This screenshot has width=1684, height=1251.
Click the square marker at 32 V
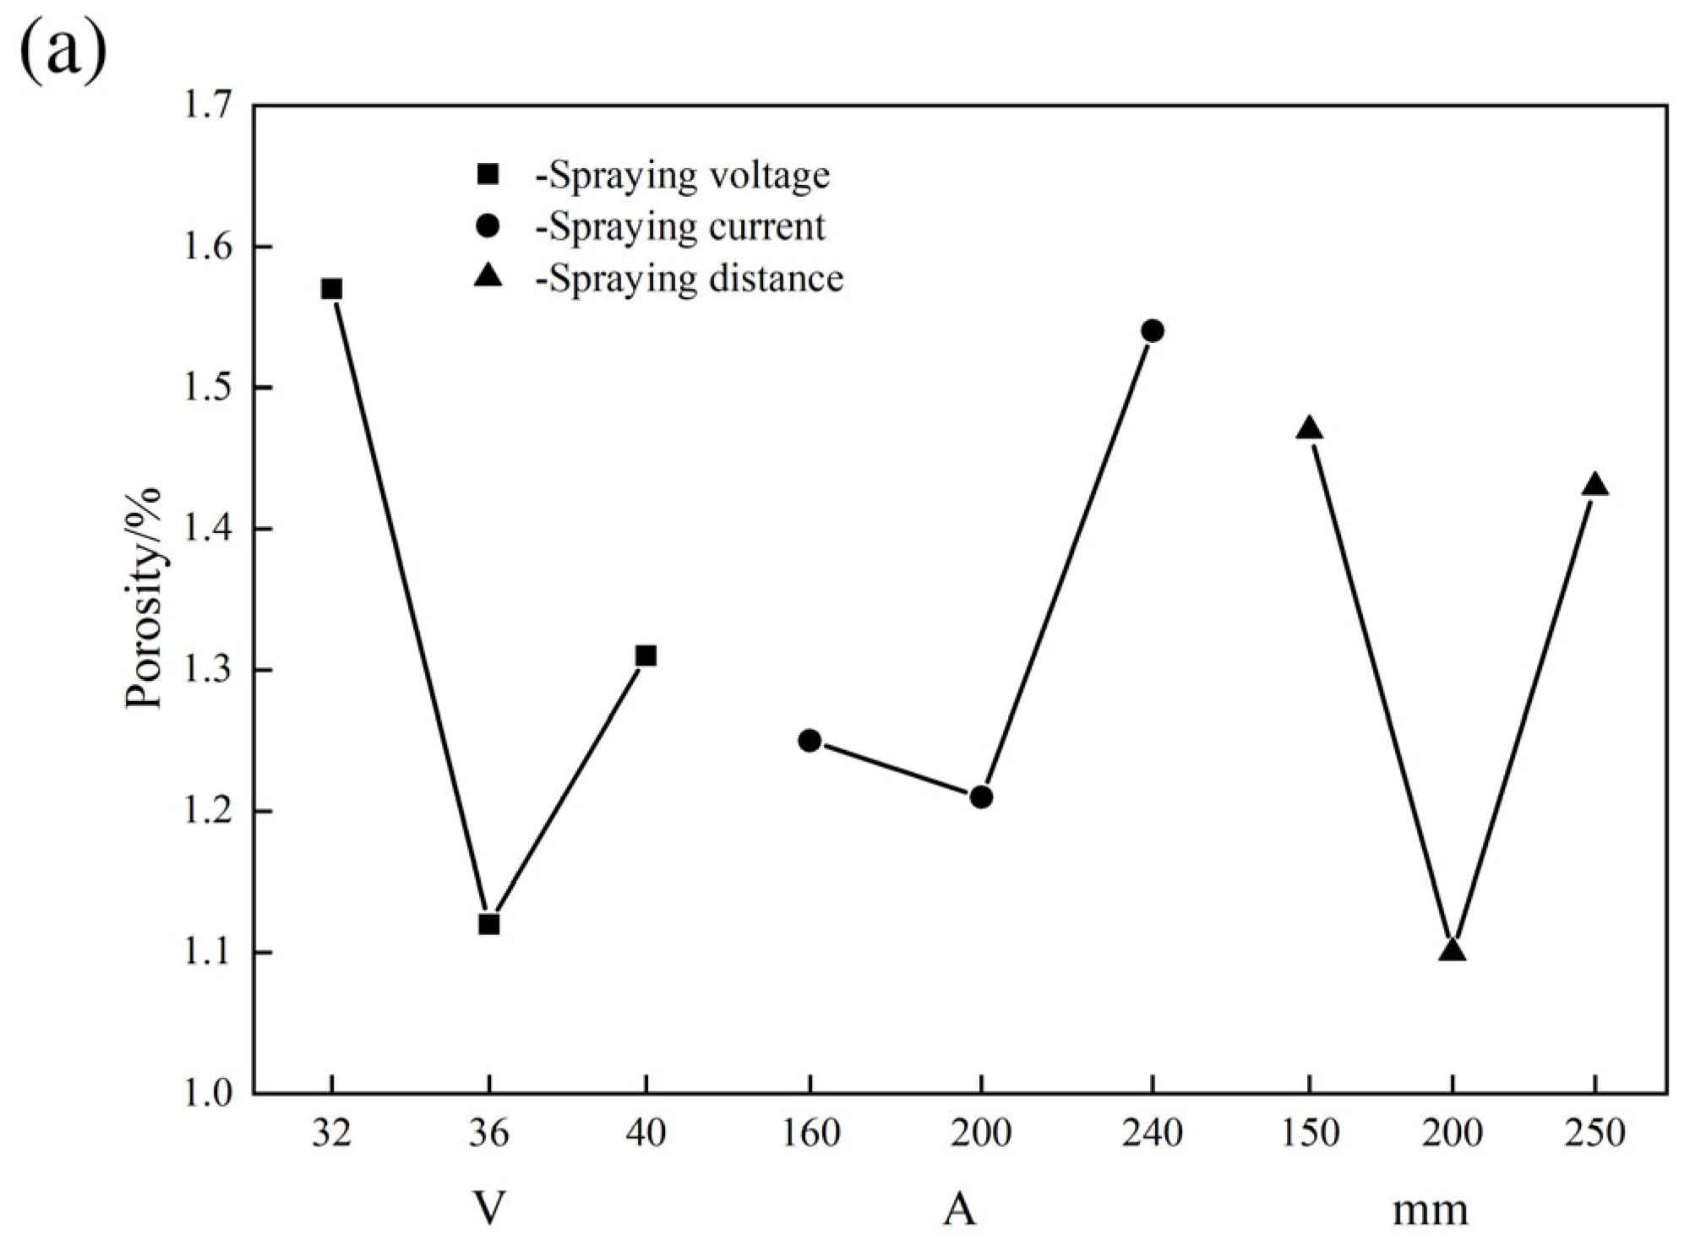pos(331,289)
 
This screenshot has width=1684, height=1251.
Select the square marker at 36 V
pos(488,924)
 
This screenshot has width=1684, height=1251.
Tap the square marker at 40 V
pos(646,655)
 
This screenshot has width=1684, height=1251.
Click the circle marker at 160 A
pos(809,740)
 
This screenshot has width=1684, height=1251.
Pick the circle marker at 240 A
pos(1153,330)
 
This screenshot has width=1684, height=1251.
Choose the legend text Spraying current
pos(680,227)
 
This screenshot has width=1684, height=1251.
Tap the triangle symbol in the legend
pos(488,276)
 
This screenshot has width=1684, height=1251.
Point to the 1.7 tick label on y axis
pos(206,106)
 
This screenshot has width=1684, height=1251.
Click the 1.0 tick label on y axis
pos(206,1094)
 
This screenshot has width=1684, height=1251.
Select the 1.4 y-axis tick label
pos(206,530)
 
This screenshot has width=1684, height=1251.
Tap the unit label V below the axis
pos(489,1209)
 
